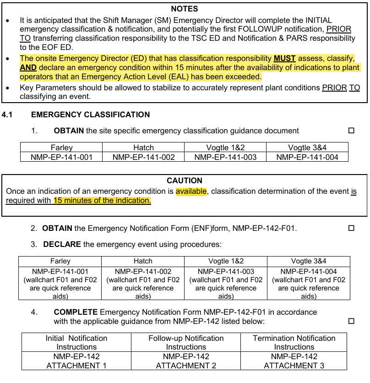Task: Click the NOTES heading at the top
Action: point(185,9)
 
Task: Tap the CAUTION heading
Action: point(185,181)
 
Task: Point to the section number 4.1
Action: point(8,115)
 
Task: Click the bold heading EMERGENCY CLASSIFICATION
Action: point(90,115)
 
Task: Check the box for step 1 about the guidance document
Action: point(351,131)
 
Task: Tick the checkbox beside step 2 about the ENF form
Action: point(351,228)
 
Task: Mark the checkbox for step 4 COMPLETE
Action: point(351,321)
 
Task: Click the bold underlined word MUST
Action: point(284,58)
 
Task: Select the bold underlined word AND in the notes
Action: point(28,67)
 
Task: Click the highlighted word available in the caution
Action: point(191,191)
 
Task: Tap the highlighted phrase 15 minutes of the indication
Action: point(102,200)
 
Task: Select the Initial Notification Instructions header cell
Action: point(76,342)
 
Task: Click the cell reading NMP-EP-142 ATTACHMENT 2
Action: point(186,361)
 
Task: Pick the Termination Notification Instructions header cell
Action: point(294,342)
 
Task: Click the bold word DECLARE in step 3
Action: point(62,244)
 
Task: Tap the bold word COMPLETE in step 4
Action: point(76,312)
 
